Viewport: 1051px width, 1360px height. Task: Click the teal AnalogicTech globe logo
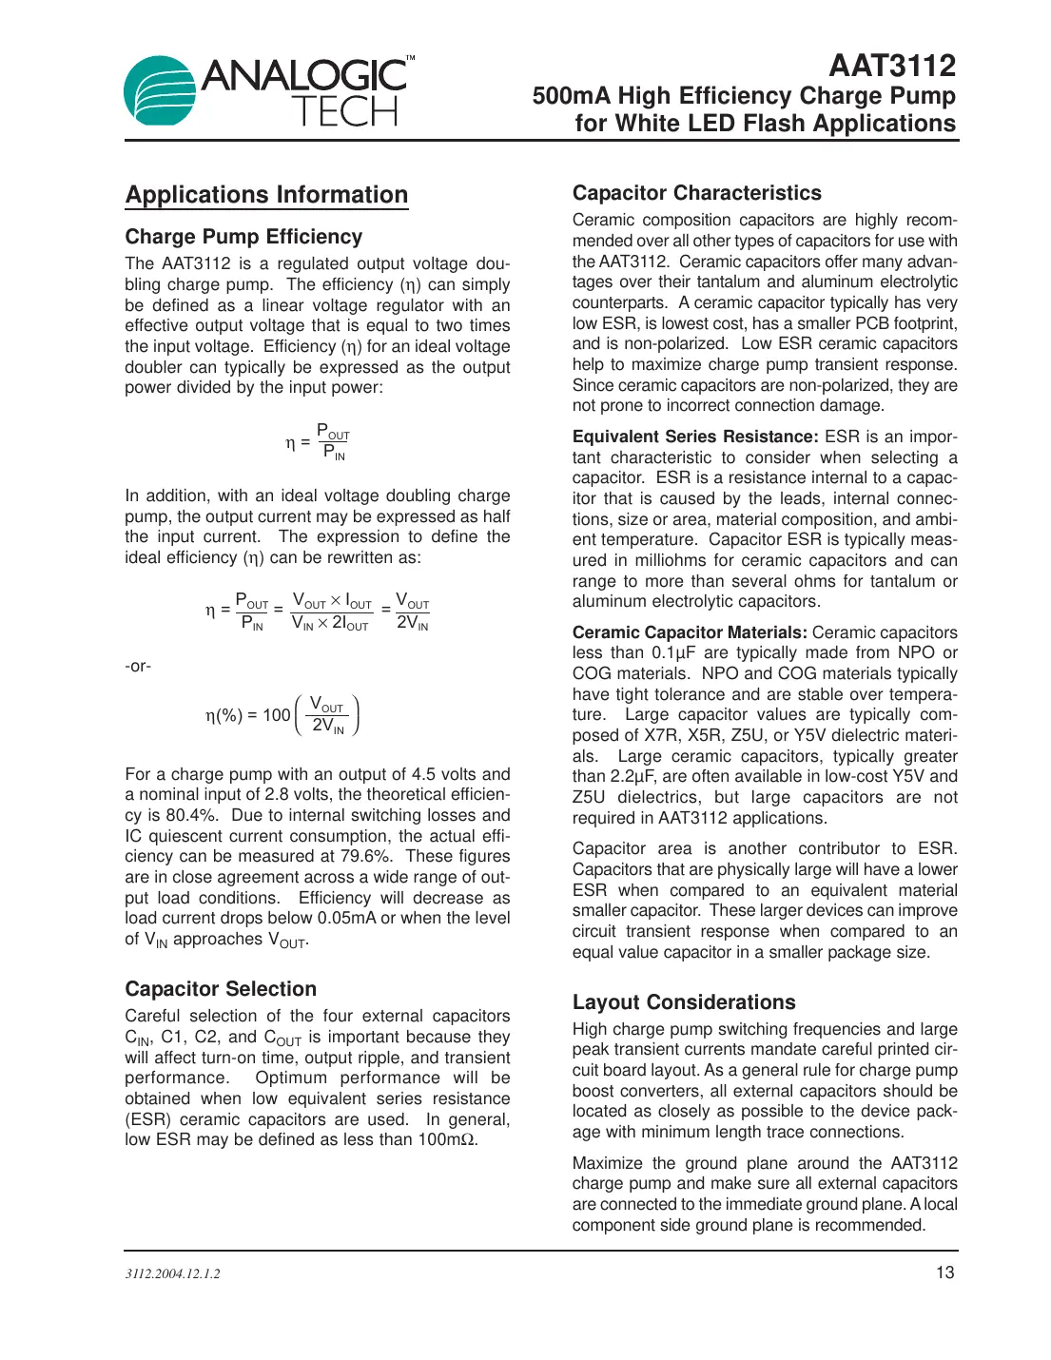coord(159,91)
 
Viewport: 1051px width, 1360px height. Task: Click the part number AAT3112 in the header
coord(891,66)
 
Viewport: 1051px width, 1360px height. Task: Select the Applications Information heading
coord(266,195)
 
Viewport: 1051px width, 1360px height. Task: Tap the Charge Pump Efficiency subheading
coord(243,237)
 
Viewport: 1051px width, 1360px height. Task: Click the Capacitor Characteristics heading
coord(696,193)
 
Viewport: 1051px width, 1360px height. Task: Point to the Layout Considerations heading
coord(683,1002)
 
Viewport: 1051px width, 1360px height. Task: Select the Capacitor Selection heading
coord(220,989)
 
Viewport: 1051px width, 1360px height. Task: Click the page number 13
coord(944,1273)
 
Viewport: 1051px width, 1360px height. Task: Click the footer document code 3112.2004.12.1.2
coord(172,1273)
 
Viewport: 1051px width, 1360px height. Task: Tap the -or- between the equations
coord(138,666)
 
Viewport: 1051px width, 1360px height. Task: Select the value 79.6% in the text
coord(364,856)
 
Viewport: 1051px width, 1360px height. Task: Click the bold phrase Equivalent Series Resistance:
coord(694,437)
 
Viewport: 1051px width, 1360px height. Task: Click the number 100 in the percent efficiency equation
coord(277,715)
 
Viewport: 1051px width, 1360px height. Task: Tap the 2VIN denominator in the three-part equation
coord(412,624)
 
